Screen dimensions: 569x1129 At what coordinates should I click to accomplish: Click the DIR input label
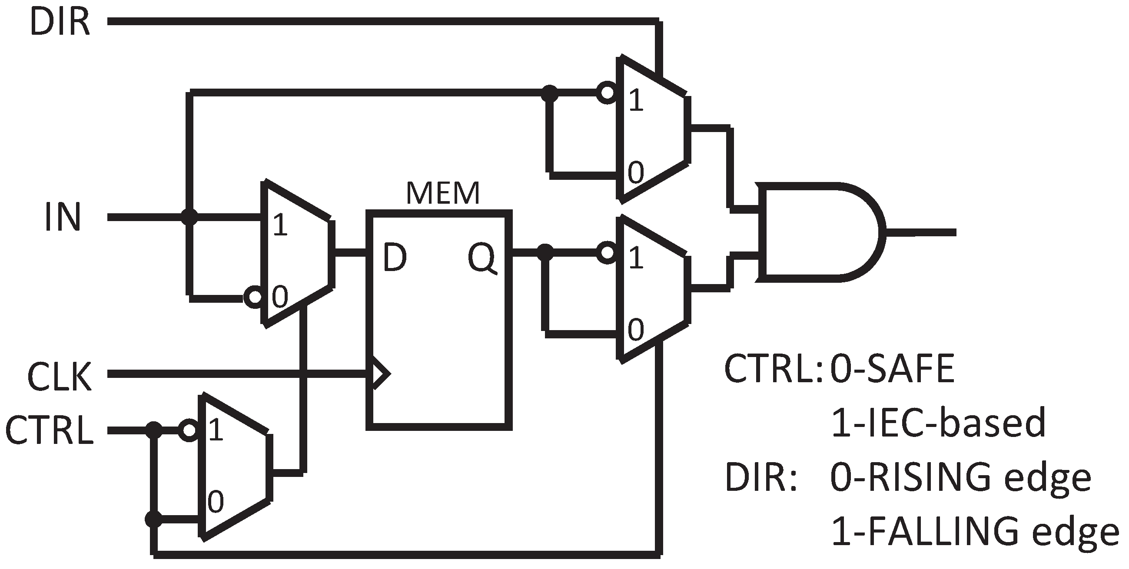click(60, 22)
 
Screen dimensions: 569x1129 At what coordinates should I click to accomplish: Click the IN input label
click(63, 217)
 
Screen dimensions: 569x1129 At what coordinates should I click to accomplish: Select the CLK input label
click(59, 376)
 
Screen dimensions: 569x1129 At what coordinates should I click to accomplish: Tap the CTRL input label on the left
click(49, 430)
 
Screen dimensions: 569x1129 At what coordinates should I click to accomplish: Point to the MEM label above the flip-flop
click(443, 193)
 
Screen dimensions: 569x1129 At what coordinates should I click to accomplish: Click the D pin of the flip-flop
click(395, 258)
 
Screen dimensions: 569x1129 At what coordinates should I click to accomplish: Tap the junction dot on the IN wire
click(189, 217)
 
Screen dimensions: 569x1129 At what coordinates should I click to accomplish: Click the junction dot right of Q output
click(545, 252)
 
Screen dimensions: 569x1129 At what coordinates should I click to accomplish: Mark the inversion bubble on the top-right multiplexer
click(607, 93)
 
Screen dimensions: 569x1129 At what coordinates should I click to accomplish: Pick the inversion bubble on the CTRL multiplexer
click(189, 430)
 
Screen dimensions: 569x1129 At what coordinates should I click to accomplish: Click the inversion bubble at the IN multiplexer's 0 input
click(253, 298)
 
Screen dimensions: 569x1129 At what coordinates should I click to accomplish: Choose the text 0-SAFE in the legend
click(892, 369)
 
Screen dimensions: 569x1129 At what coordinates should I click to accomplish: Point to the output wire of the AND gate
click(920, 232)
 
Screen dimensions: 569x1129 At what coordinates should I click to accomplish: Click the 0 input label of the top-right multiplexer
click(635, 172)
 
